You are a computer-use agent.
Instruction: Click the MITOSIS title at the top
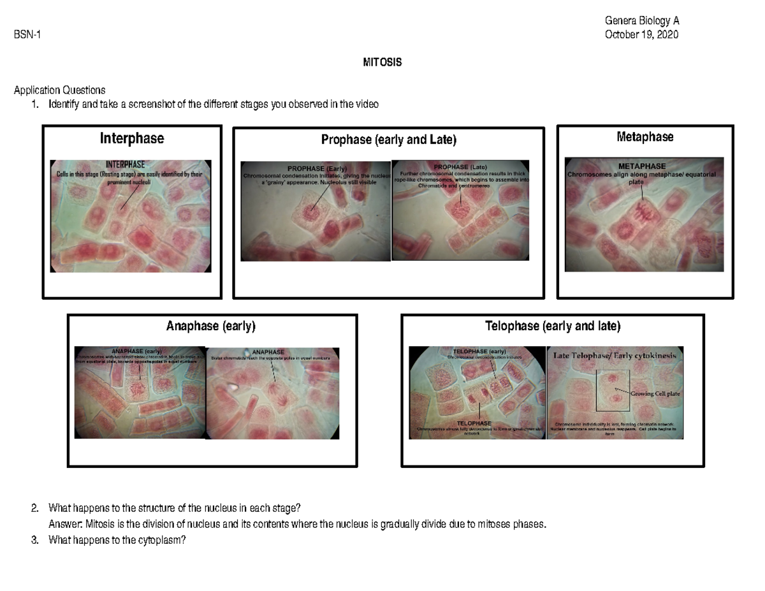pyautogui.click(x=382, y=62)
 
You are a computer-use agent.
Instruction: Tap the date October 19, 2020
pyautogui.click(x=641, y=34)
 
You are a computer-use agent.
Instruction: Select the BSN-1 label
pyautogui.click(x=28, y=35)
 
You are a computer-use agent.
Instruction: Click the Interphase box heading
pyautogui.click(x=131, y=138)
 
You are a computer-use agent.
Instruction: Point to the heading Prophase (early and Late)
pyautogui.click(x=389, y=140)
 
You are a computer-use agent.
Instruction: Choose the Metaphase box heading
pyautogui.click(x=645, y=137)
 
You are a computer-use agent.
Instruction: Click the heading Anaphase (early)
pyautogui.click(x=210, y=326)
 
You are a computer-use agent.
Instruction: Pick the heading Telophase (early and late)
pyautogui.click(x=552, y=326)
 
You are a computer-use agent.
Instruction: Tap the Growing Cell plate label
pyautogui.click(x=655, y=393)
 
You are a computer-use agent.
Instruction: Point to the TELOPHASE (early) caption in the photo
pyautogui.click(x=479, y=351)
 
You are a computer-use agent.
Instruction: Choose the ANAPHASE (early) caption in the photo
pyautogui.click(x=136, y=351)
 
